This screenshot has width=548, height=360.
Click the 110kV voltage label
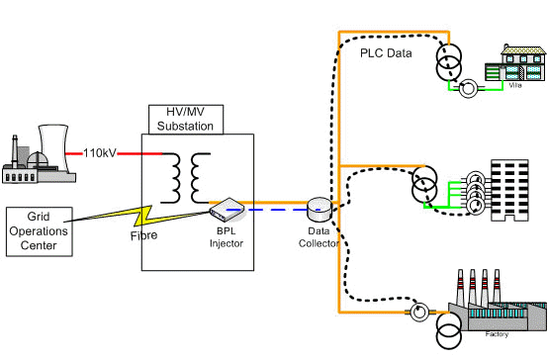click(x=100, y=153)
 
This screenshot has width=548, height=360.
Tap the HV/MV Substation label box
click(x=186, y=120)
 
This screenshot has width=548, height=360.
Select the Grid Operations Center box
click(x=40, y=231)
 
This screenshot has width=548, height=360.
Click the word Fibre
click(x=143, y=235)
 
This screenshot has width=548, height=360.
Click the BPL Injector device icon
click(x=227, y=210)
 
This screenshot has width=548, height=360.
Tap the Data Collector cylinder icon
click(x=320, y=209)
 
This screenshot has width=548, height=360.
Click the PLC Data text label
click(x=386, y=53)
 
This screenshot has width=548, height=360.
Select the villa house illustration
click(x=515, y=64)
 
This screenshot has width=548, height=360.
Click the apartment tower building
click(x=509, y=190)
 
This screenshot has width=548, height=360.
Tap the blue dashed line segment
click(x=273, y=210)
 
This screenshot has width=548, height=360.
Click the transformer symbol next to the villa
click(x=449, y=61)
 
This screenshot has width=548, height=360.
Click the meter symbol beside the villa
click(x=468, y=89)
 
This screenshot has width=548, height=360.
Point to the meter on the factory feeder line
click(x=418, y=312)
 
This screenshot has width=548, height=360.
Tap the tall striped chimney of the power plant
click(x=15, y=151)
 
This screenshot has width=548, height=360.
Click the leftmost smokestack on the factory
click(x=460, y=287)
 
